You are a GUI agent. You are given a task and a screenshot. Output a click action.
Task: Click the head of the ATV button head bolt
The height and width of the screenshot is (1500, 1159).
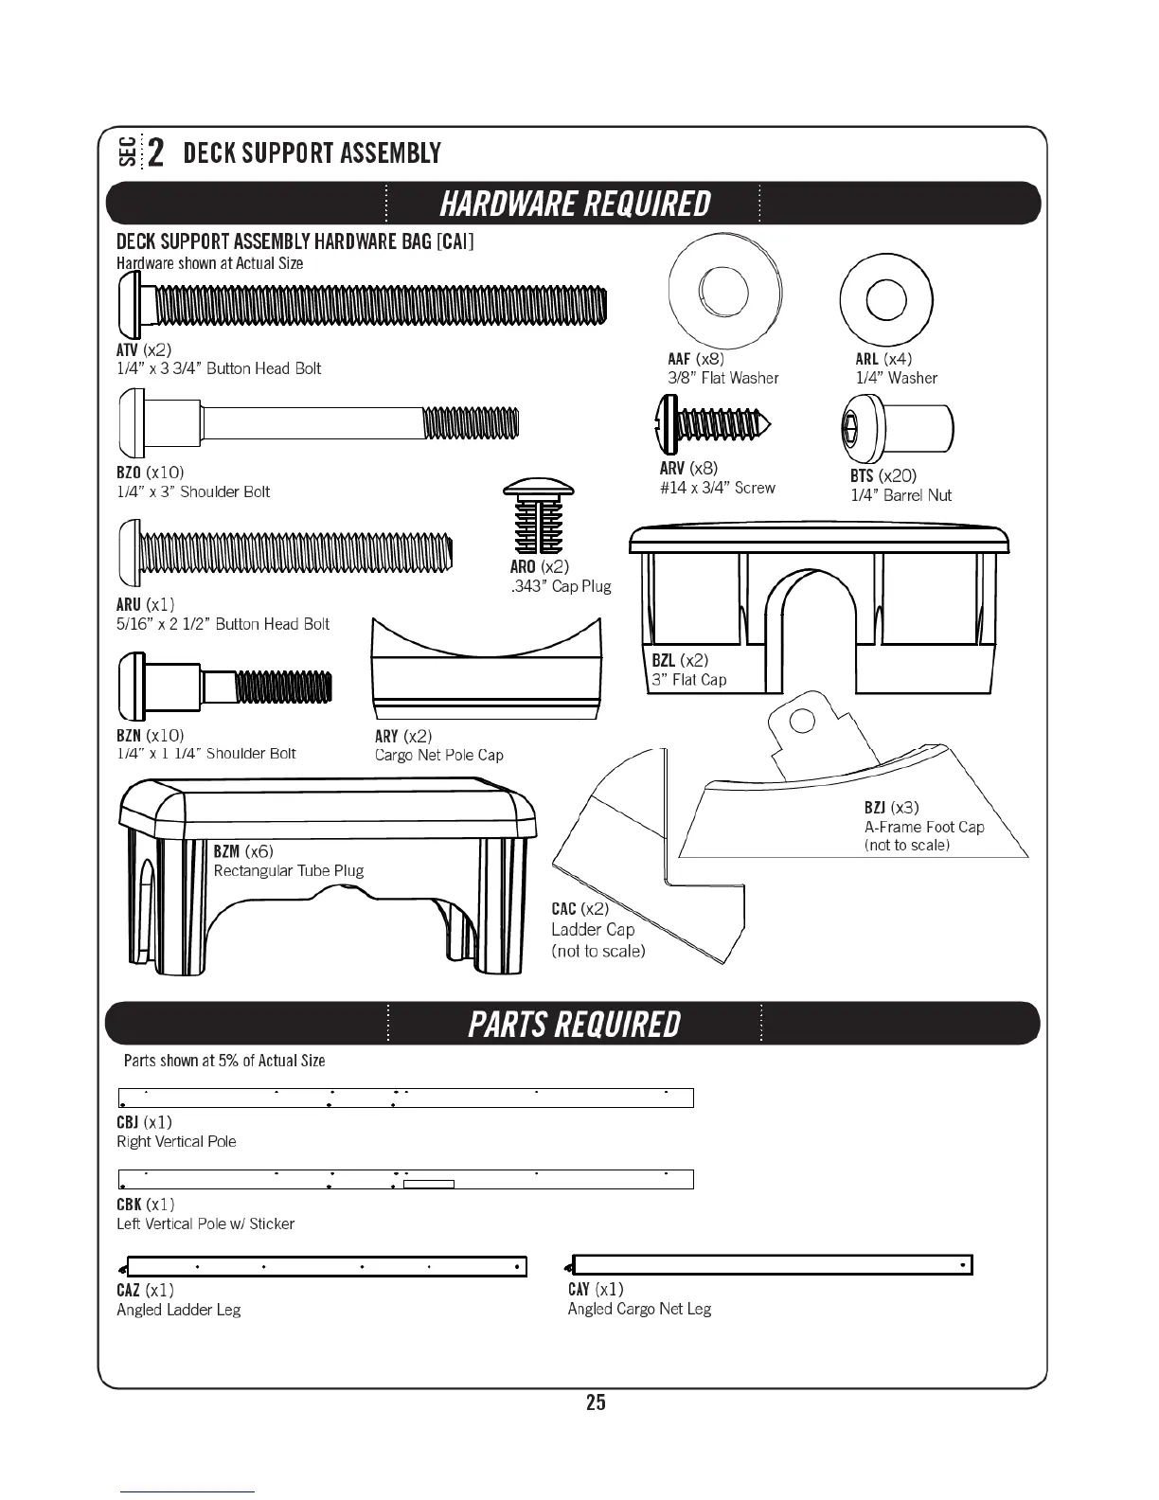(130, 304)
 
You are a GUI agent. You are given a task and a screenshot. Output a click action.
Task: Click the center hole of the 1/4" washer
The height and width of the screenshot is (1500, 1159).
(886, 300)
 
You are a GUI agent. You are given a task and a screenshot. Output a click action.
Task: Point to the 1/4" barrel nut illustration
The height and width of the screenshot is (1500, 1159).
(897, 428)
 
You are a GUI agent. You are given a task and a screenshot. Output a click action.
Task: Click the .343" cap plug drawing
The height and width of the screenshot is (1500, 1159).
(539, 517)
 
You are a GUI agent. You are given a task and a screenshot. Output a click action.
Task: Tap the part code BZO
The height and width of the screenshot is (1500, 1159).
(128, 473)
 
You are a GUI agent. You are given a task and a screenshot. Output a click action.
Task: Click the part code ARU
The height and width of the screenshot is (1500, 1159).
(128, 604)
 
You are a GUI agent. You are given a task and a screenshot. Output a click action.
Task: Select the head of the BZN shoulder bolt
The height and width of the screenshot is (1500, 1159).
(131, 686)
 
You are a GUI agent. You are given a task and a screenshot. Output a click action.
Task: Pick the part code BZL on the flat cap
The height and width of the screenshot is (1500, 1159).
(664, 660)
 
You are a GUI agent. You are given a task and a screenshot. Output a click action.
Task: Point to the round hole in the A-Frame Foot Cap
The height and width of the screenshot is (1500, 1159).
(802, 722)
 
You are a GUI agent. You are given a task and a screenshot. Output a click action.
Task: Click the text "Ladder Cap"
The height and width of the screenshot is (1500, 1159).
(593, 930)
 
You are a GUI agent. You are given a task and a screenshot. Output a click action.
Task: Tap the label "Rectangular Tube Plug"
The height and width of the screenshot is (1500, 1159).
(288, 871)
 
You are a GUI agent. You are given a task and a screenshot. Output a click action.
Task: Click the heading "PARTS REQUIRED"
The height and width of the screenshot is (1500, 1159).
(574, 1025)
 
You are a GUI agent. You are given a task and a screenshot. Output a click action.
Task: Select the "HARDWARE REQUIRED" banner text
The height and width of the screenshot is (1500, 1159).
(575, 204)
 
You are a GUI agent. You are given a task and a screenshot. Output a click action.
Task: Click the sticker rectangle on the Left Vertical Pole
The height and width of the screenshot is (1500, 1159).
(429, 1184)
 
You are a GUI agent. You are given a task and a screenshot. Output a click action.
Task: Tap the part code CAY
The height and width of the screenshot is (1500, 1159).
(579, 1289)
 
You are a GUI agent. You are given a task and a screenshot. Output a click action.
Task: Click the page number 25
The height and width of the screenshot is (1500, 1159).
(596, 1402)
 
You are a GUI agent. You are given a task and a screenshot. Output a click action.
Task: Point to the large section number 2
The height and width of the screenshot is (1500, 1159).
(156, 152)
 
